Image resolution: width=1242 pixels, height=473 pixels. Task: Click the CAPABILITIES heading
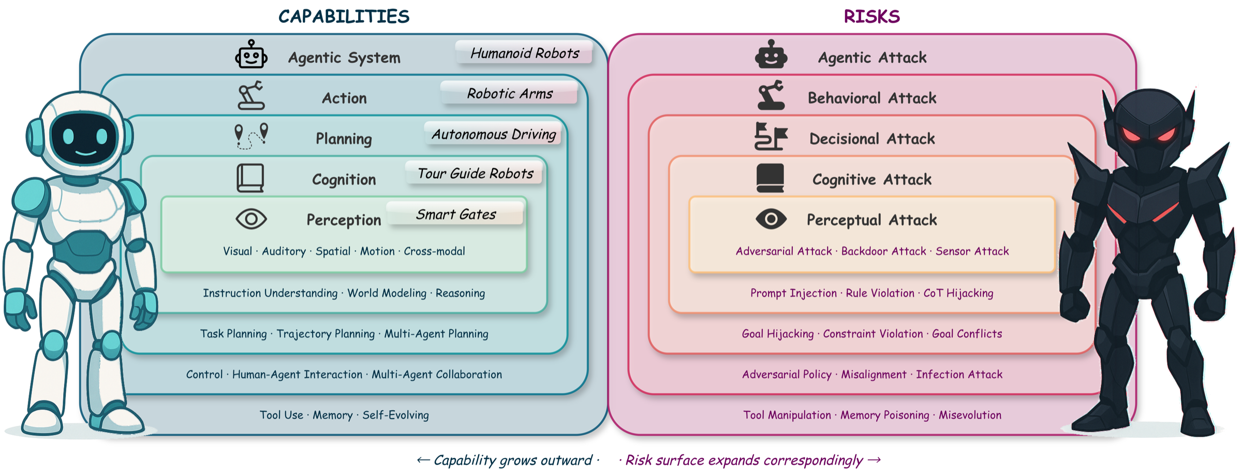coord(344,17)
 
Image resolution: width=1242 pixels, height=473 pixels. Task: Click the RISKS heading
coord(871,17)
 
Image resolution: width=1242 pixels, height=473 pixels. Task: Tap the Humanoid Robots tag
coord(524,53)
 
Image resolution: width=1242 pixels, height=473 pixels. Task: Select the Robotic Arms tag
coord(509,93)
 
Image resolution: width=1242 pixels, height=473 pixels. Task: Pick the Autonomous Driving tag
coord(493,134)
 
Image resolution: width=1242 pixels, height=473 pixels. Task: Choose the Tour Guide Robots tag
coord(475,174)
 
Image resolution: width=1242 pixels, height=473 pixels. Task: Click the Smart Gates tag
coord(455,214)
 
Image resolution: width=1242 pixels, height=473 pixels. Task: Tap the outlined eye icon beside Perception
coord(251,219)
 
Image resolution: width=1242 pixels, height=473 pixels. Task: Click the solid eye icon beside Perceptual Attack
coord(771,219)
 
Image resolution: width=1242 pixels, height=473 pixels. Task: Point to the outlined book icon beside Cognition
coord(250,178)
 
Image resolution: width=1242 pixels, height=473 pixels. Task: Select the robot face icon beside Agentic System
coord(251,55)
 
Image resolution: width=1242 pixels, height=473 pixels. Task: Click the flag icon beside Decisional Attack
coord(770,137)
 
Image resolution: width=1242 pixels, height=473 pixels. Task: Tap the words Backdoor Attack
coord(883,251)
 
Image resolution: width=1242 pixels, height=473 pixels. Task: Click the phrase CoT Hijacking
coord(958,293)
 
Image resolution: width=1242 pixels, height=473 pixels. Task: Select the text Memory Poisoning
coord(884,415)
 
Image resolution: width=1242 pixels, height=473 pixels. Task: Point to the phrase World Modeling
coord(387,293)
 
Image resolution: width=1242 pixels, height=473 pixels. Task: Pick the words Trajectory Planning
coord(326,334)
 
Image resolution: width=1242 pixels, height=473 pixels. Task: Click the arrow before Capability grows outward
coord(423,460)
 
